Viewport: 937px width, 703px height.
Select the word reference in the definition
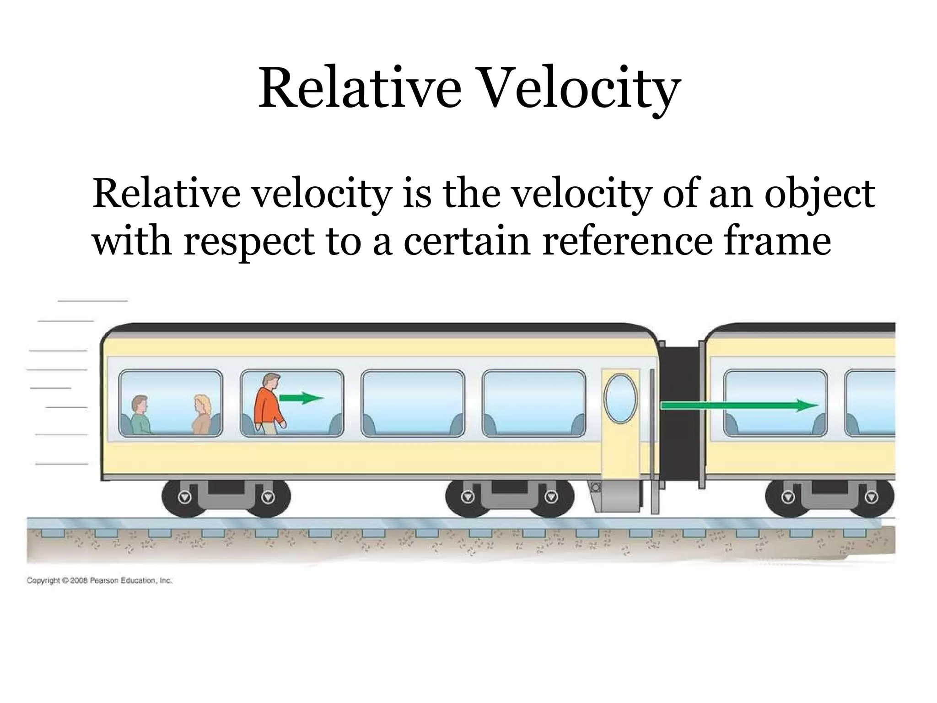(x=627, y=241)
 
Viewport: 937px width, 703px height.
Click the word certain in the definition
(x=467, y=241)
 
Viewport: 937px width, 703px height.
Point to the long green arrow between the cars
(x=739, y=405)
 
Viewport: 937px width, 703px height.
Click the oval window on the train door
(x=620, y=398)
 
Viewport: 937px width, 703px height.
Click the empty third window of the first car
(x=413, y=403)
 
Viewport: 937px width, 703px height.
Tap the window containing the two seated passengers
(x=170, y=403)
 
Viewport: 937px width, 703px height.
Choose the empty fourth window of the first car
(x=533, y=403)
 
